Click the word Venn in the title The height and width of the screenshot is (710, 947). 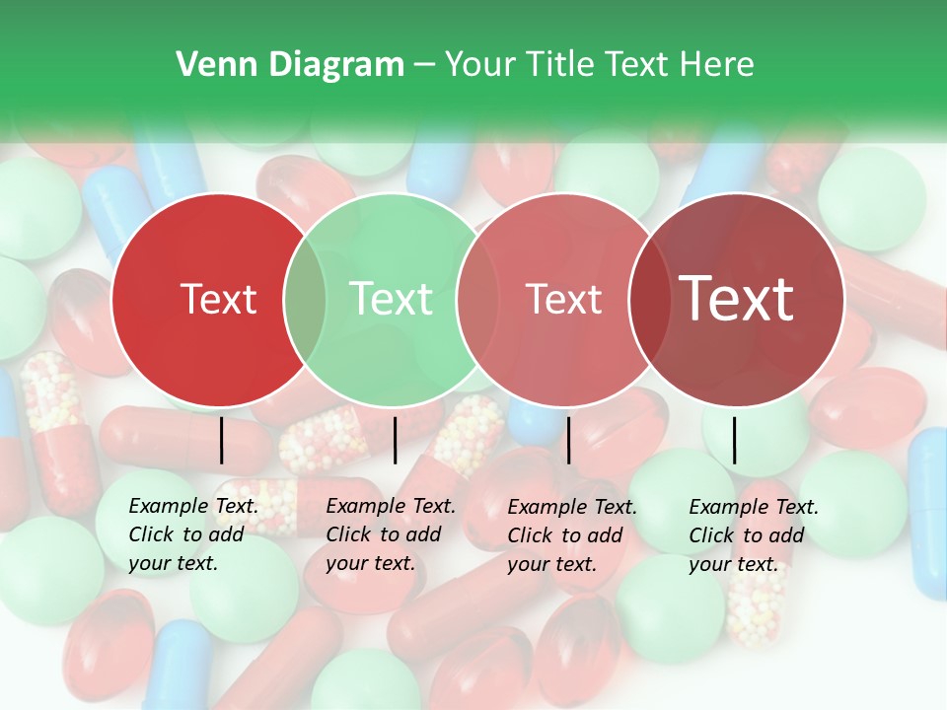tap(208, 65)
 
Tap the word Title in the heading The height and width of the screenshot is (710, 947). tap(561, 65)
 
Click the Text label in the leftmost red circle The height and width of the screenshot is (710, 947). tap(218, 299)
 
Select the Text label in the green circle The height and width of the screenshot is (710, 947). tap(391, 299)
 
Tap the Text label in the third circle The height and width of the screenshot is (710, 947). tap(563, 299)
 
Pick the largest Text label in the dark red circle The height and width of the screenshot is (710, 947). tap(737, 299)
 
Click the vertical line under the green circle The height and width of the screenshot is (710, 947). tap(395, 440)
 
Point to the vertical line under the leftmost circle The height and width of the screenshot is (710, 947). tap(222, 440)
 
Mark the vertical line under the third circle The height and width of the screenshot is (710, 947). tap(568, 440)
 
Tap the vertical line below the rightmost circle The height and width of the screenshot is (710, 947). tap(734, 440)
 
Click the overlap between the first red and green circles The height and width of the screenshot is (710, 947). tap(304, 300)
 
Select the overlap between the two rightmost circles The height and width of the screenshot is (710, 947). tap(648, 300)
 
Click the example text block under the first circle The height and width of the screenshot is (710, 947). tap(193, 534)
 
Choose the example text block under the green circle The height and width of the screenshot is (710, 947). tap(391, 534)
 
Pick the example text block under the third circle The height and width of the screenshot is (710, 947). tap(572, 534)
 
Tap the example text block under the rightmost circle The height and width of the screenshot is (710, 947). tap(754, 534)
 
